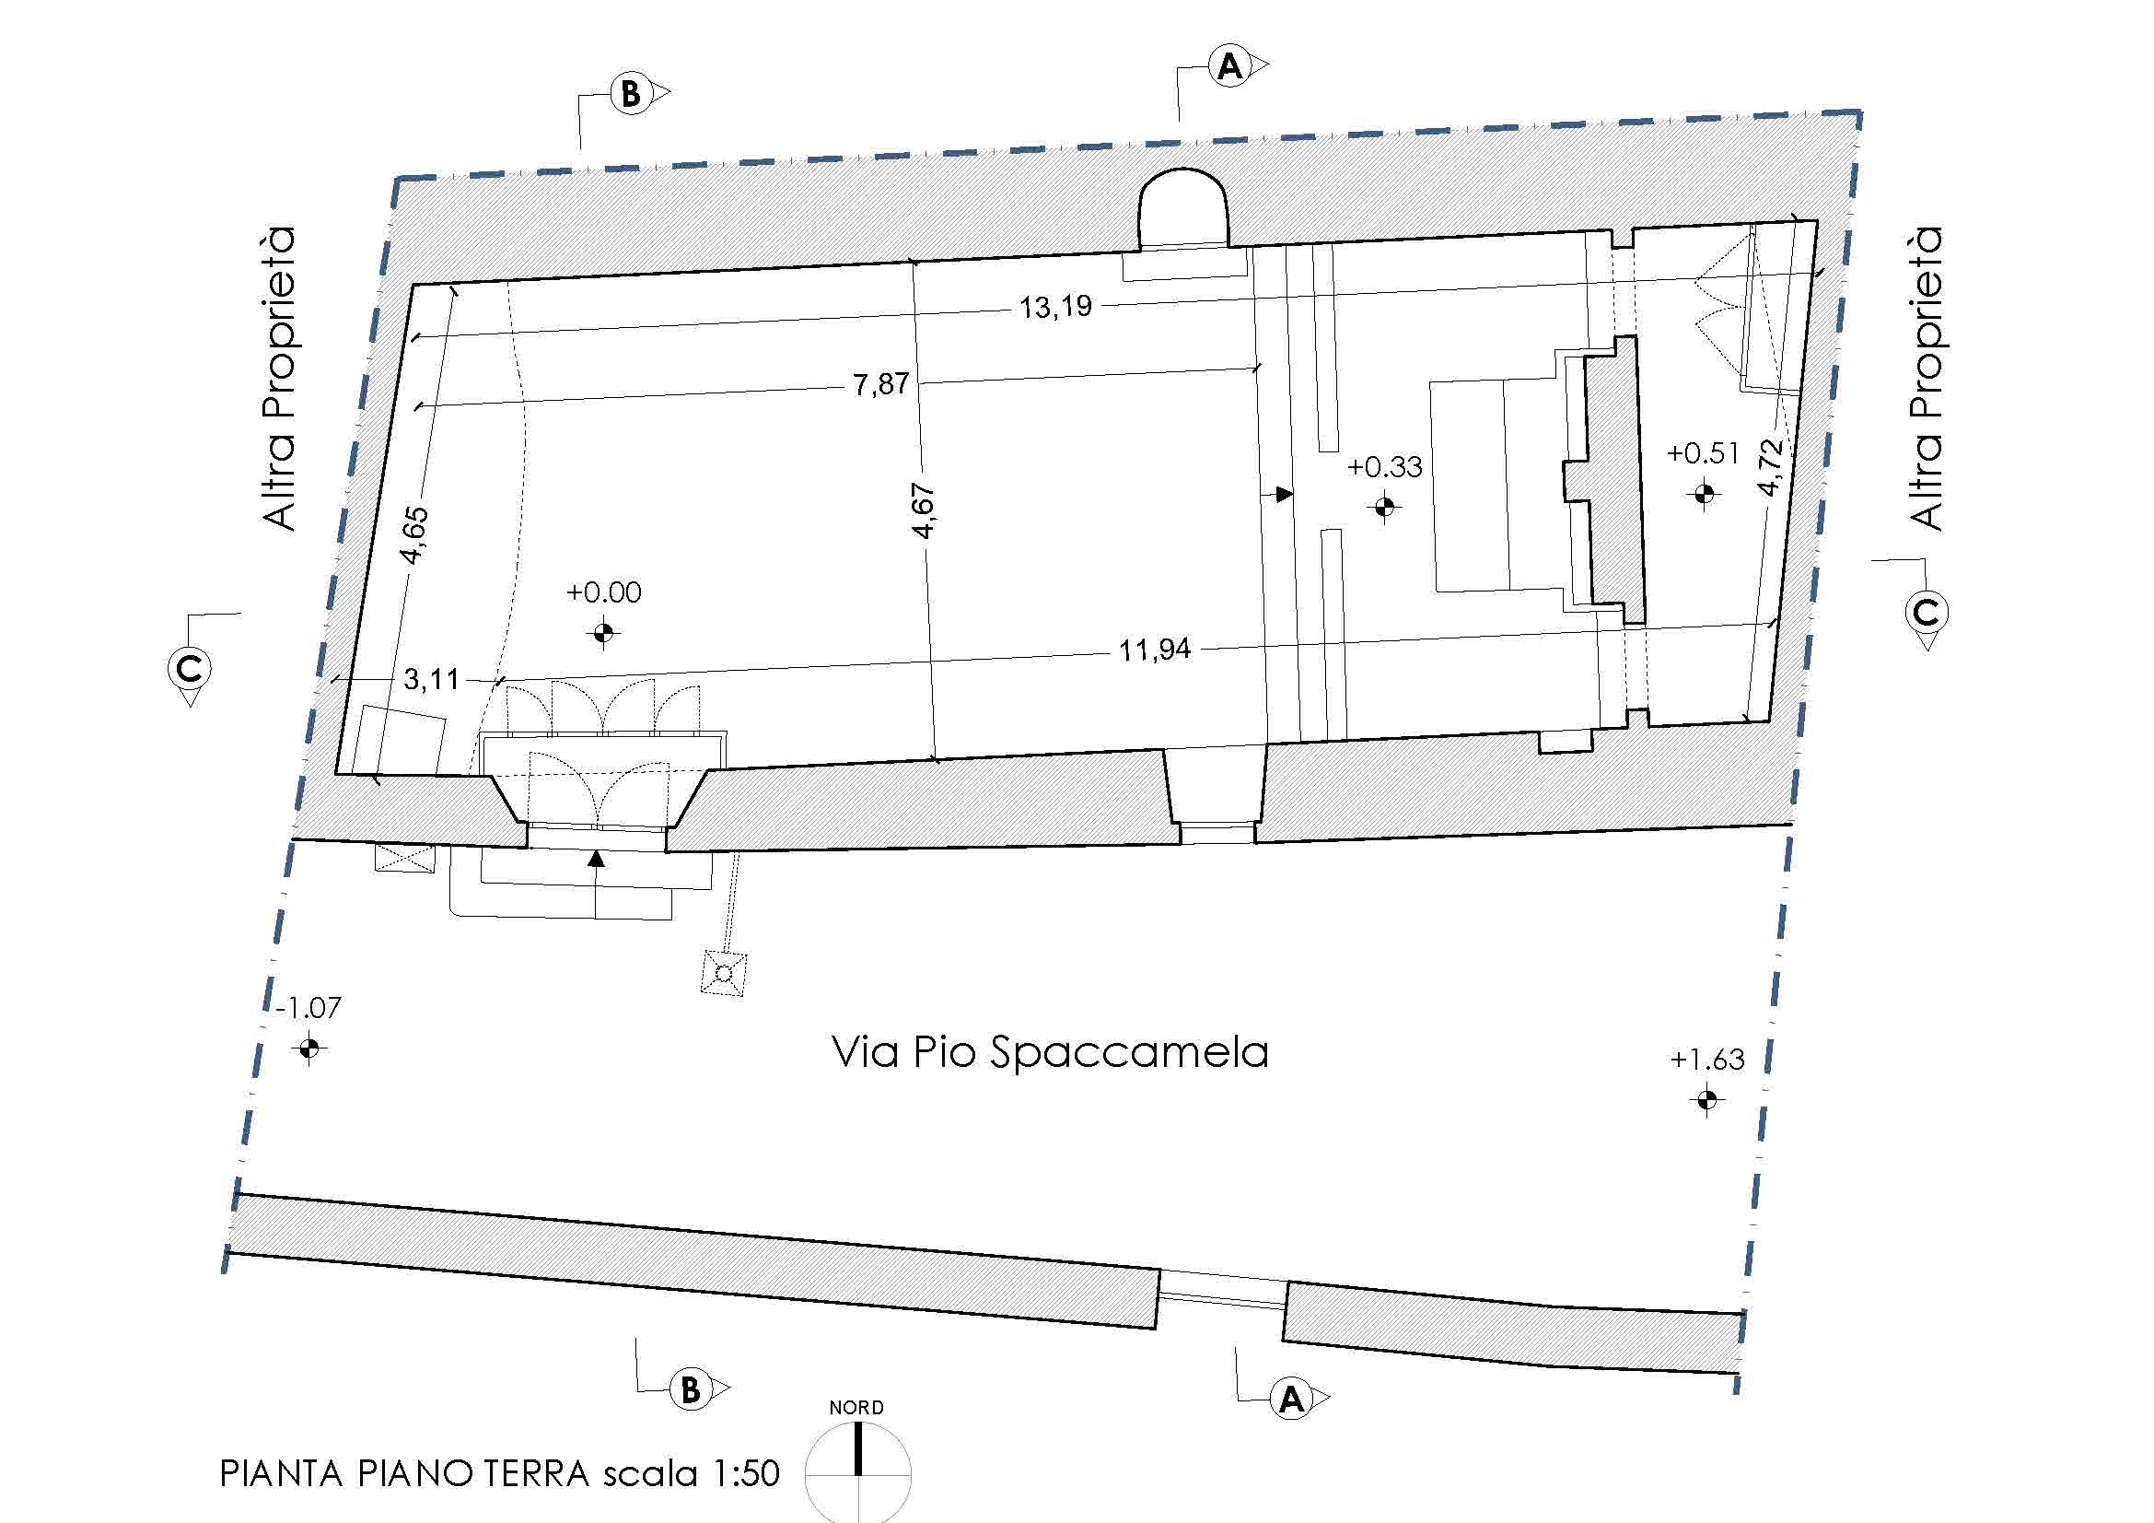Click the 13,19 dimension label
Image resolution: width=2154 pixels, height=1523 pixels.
(x=1055, y=307)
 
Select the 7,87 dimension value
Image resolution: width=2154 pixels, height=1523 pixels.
(x=881, y=384)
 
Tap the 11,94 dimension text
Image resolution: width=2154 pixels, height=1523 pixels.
(x=1154, y=650)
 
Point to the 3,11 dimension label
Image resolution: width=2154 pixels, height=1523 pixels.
(x=432, y=678)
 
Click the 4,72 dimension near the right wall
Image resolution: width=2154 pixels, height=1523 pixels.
(x=1769, y=467)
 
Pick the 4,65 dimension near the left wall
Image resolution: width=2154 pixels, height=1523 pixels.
(x=413, y=535)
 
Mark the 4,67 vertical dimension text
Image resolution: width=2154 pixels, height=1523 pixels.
(x=924, y=511)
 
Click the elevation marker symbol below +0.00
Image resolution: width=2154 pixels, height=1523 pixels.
(x=603, y=633)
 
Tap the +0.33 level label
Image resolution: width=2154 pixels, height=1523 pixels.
(x=1384, y=466)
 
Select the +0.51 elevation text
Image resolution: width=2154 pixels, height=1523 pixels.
(x=1703, y=454)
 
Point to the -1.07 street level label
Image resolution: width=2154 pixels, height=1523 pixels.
(x=309, y=1008)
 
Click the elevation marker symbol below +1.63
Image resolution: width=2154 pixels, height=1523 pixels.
(x=1706, y=1099)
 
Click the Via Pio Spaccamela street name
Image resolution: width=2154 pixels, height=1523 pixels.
(x=1050, y=1052)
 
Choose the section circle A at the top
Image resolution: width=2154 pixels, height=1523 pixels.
(x=1229, y=66)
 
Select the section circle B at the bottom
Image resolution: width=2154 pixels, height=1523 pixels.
(x=691, y=1389)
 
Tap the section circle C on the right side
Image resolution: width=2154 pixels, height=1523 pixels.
(x=1926, y=613)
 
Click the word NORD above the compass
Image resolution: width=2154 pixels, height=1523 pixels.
(x=856, y=1408)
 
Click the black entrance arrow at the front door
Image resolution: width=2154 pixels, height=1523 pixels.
(x=596, y=858)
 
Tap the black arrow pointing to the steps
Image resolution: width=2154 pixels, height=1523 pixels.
(x=1284, y=494)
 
